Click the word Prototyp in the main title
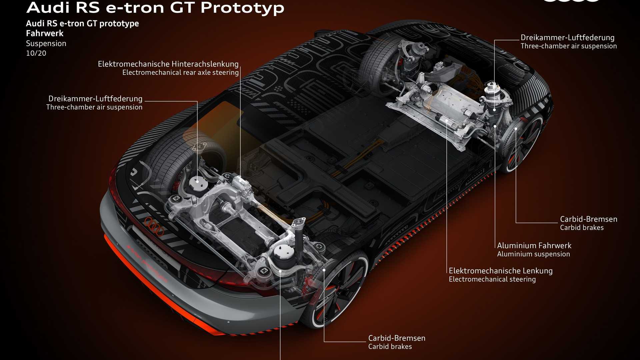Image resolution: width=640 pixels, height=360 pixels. coord(242,8)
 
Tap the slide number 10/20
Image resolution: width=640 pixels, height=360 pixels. coord(36,53)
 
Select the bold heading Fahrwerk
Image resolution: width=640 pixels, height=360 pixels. coord(45,33)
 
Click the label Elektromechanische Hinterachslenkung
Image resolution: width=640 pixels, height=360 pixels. coord(168,64)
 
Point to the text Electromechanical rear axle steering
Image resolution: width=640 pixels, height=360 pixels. coord(181,73)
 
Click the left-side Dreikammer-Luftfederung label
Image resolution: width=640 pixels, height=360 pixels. coord(95,99)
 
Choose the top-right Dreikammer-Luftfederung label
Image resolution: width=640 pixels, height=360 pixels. coord(568,38)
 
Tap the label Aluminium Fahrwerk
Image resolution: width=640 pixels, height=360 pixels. coord(534,246)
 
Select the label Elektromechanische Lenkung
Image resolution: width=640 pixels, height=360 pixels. coord(501,271)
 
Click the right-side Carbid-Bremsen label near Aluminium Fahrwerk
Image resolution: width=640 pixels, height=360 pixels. coord(589,219)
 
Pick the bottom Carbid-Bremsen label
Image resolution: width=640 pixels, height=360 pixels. coord(397,338)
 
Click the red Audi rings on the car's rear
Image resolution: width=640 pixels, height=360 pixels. coord(154,226)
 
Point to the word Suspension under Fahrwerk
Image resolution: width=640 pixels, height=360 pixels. coord(46,44)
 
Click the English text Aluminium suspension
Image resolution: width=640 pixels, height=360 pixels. coord(533,254)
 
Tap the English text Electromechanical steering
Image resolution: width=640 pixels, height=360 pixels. coord(492,279)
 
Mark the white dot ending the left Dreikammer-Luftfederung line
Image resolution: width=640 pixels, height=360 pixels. coord(197,182)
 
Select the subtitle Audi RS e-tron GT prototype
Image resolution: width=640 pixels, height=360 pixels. coord(82,24)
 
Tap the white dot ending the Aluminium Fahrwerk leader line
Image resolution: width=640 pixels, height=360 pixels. coord(495,126)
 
